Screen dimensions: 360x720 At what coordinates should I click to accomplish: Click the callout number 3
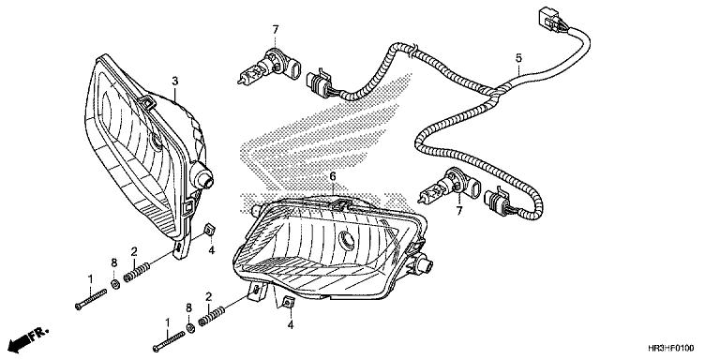coord(174,82)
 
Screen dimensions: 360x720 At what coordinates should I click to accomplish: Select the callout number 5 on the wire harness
coord(517,58)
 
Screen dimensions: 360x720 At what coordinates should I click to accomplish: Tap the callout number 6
coord(332,175)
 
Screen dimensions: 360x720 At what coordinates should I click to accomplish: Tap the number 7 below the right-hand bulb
coord(459,212)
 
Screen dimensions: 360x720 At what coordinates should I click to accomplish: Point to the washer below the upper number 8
coord(114,284)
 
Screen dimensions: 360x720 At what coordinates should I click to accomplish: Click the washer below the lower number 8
coord(191,328)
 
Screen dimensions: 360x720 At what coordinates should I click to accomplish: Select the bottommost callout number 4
coord(291,324)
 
